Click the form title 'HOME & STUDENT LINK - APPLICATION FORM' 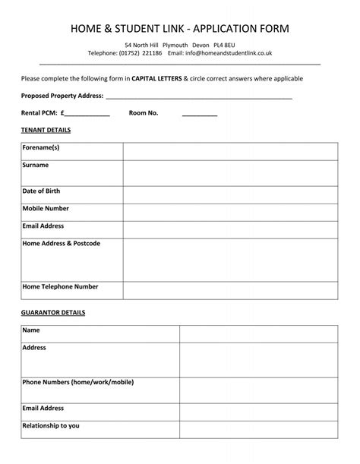click(180, 29)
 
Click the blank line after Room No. click(200, 113)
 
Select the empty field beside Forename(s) click(230, 150)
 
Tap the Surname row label click(36, 165)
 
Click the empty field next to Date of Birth click(230, 194)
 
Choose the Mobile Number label click(46, 208)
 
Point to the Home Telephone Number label click(61, 287)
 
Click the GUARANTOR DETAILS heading click(53, 313)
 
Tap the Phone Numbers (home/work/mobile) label click(78, 382)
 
